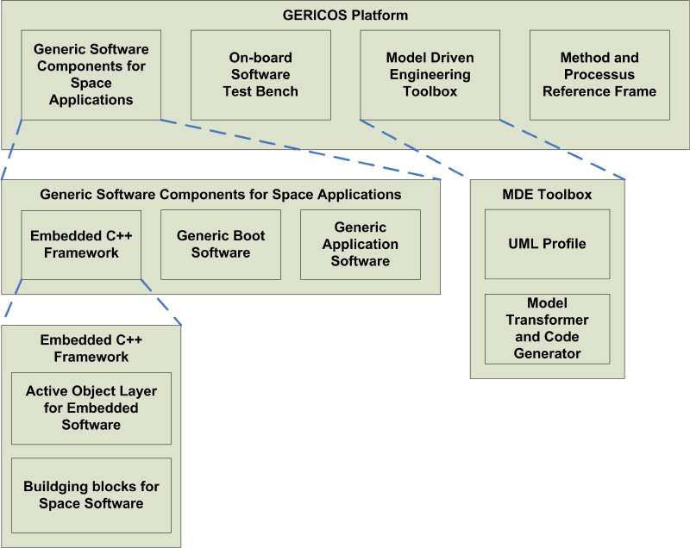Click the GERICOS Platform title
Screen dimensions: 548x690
pyautogui.click(x=345, y=16)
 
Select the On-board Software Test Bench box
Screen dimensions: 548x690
pyautogui.click(x=260, y=75)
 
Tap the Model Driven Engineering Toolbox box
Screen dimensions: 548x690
pyautogui.click(x=430, y=75)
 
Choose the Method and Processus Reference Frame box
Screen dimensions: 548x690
pyautogui.click(x=599, y=75)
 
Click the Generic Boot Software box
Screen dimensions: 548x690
pyautogui.click(x=221, y=244)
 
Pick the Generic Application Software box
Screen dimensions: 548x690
pyautogui.click(x=361, y=244)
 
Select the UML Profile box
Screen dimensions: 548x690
pyautogui.click(x=547, y=244)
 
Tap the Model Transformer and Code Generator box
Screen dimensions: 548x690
pyautogui.click(x=547, y=328)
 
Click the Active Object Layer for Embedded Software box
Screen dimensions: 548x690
pyautogui.click(x=91, y=408)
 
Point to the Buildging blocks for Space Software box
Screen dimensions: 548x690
pyautogui.click(x=91, y=495)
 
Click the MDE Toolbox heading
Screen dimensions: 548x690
pyautogui.click(x=547, y=195)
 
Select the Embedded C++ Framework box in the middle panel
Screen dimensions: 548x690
pyautogui.click(x=81, y=244)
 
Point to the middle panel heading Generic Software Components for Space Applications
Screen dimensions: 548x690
pyautogui.click(x=221, y=195)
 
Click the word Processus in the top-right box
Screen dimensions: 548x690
pyautogui.click(x=599, y=75)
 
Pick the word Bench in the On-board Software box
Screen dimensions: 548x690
pyautogui.click(x=279, y=91)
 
